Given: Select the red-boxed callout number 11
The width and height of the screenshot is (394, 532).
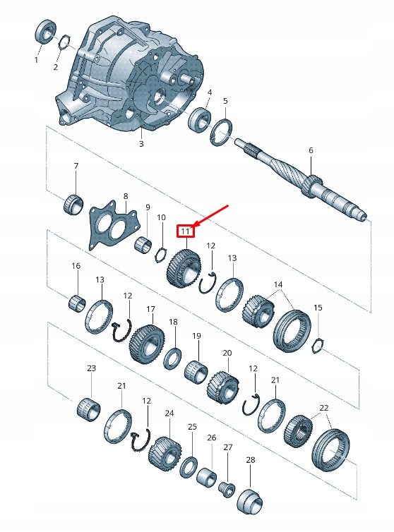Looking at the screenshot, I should click(x=185, y=231).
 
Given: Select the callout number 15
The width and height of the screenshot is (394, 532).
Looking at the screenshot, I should click(x=318, y=308).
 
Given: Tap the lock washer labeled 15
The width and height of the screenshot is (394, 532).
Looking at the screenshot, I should click(x=318, y=345).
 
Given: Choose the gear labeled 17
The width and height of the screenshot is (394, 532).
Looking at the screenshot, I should click(x=147, y=341).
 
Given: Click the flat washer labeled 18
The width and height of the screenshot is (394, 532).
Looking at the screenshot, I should click(x=172, y=358).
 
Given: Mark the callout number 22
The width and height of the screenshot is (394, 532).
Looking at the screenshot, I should click(x=324, y=408).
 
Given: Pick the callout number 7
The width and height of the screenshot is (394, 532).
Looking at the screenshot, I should click(x=76, y=166).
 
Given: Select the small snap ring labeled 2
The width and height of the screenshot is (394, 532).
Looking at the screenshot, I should click(x=62, y=42).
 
